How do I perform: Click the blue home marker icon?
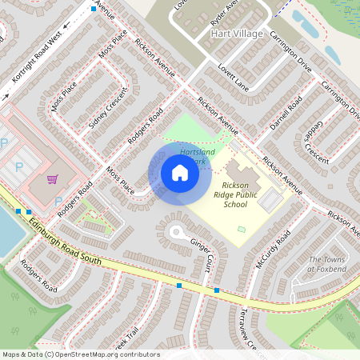(180, 173)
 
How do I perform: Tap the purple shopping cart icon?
(53, 179)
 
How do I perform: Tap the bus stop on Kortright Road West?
(94, 8)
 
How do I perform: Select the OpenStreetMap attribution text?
(80, 354)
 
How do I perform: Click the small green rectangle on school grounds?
(242, 230)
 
